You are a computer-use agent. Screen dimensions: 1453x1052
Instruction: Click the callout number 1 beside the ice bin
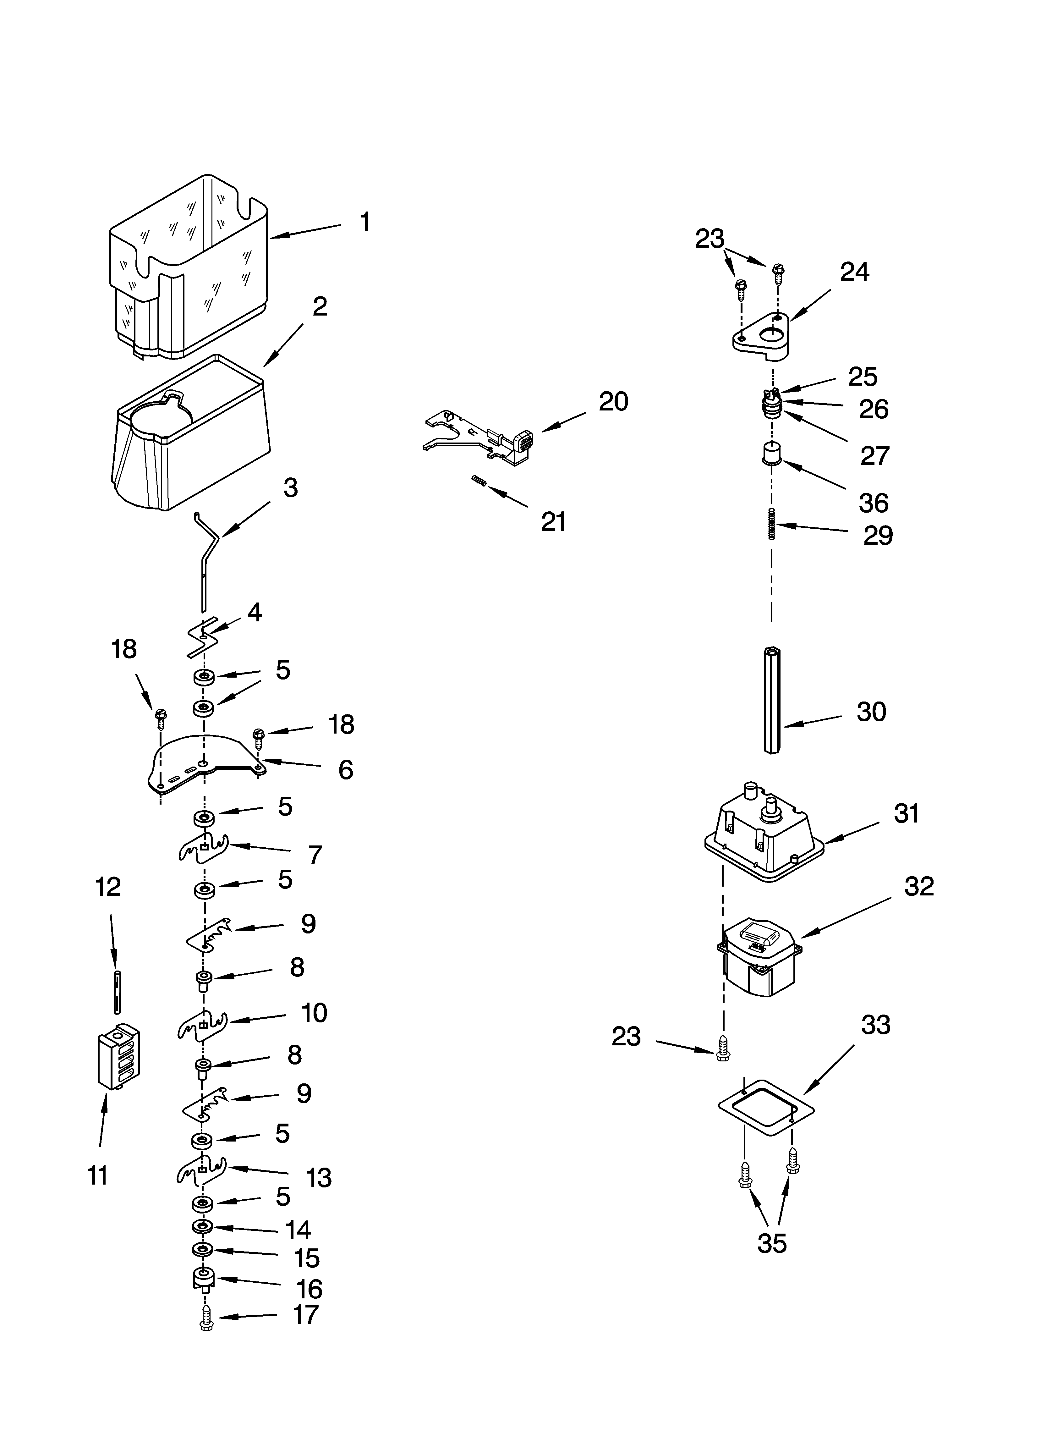[x=364, y=222]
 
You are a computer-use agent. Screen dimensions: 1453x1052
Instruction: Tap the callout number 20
[x=613, y=402]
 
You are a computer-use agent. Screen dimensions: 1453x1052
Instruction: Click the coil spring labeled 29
[x=772, y=523]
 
